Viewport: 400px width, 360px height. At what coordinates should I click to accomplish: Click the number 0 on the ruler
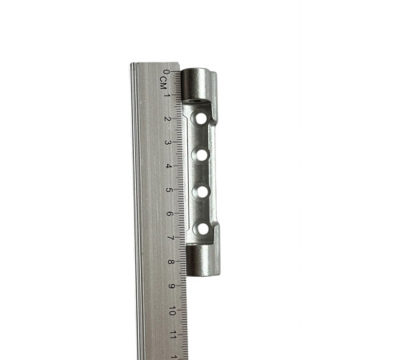point(166,72)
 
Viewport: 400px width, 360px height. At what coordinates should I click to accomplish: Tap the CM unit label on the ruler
point(163,83)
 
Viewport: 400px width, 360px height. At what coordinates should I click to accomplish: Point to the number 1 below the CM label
point(166,94)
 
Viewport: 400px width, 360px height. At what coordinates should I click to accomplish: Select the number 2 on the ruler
point(168,118)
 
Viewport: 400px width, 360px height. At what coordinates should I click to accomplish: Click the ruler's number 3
point(168,142)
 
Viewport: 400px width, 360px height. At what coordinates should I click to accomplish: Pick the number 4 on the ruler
point(168,166)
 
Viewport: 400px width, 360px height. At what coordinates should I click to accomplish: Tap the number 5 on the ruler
point(169,190)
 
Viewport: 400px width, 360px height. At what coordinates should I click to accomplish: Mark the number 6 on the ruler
point(170,214)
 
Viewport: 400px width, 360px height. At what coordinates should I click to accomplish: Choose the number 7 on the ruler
point(170,238)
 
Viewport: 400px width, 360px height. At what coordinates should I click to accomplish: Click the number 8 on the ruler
point(170,262)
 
